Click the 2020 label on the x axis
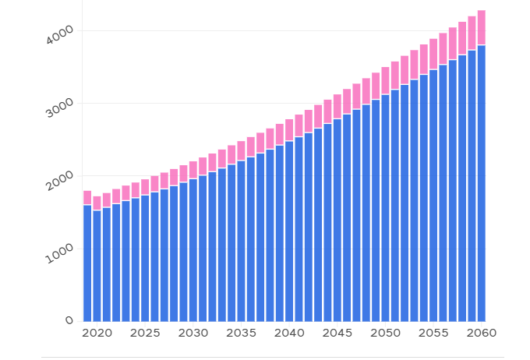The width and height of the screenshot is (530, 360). tap(97, 334)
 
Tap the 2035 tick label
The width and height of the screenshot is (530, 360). tap(241, 334)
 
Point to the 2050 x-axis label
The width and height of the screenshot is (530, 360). tap(385, 334)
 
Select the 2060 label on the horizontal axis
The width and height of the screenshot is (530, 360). tap(482, 334)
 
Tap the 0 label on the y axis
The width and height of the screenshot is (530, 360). tap(69, 320)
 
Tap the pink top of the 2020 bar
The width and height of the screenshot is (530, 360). tap(97, 203)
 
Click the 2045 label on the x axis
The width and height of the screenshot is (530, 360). tap(337, 334)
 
